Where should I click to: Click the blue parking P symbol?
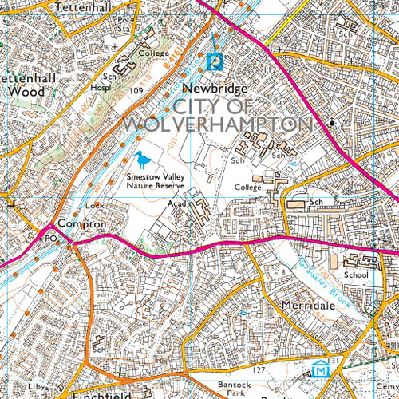[x=215, y=61]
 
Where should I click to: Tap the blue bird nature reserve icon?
[x=142, y=158]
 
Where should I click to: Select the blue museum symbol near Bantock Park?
[x=320, y=369]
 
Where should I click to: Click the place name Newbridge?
[x=215, y=88]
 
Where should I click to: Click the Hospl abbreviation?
[x=101, y=89]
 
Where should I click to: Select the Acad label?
[x=177, y=203]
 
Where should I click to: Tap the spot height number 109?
[x=136, y=92]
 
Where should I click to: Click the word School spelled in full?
[x=357, y=275]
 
